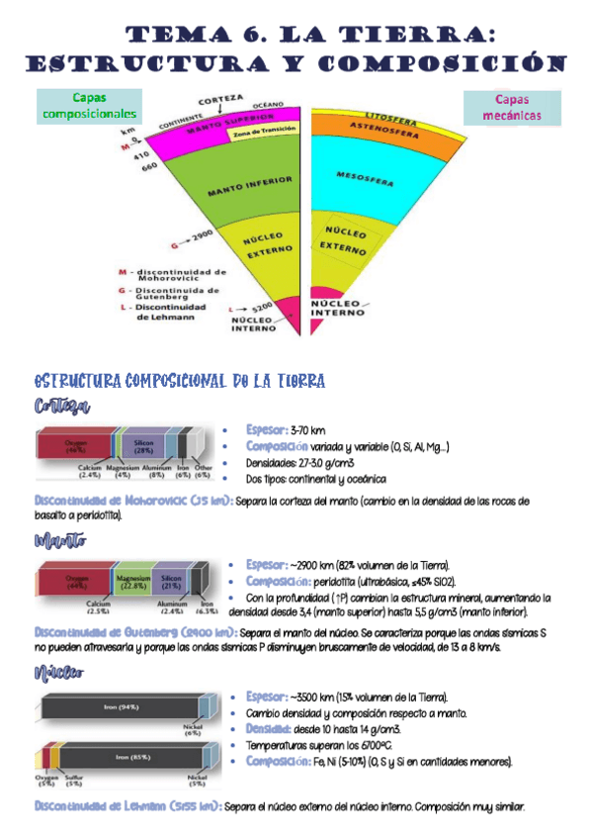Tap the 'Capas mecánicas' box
(x=511, y=108)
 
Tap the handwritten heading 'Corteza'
(x=61, y=407)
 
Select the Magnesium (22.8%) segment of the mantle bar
(x=131, y=581)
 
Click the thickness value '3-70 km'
(x=307, y=430)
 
